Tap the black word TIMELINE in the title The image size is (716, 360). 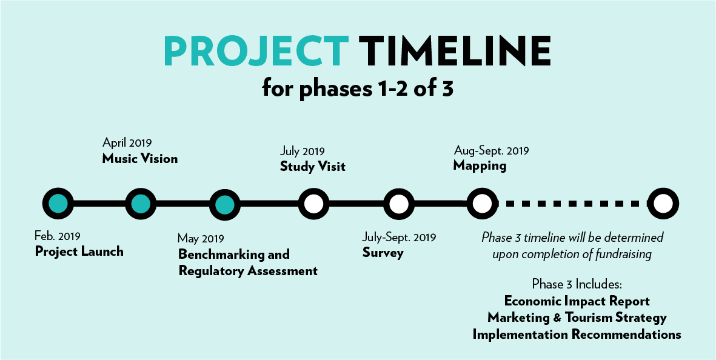coord(454,52)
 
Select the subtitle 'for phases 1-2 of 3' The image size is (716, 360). coord(358,88)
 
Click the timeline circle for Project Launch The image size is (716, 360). coord(58,204)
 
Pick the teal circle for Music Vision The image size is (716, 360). coord(141,204)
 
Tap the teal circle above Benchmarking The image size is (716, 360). coord(225,204)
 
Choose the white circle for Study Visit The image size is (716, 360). coord(313,204)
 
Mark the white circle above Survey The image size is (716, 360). coord(399,204)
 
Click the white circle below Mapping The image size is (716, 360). coord(482,204)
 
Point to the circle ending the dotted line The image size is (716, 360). coord(663,204)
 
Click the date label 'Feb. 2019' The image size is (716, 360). coord(58,236)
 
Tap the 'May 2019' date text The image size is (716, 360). coord(201,238)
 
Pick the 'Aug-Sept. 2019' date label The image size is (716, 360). coord(491,150)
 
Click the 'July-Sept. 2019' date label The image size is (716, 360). coord(399,237)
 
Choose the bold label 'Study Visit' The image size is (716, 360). coord(313,167)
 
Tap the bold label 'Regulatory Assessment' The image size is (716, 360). coord(248,271)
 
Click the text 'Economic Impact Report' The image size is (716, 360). coord(577,301)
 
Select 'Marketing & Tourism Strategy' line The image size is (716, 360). coord(577,318)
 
